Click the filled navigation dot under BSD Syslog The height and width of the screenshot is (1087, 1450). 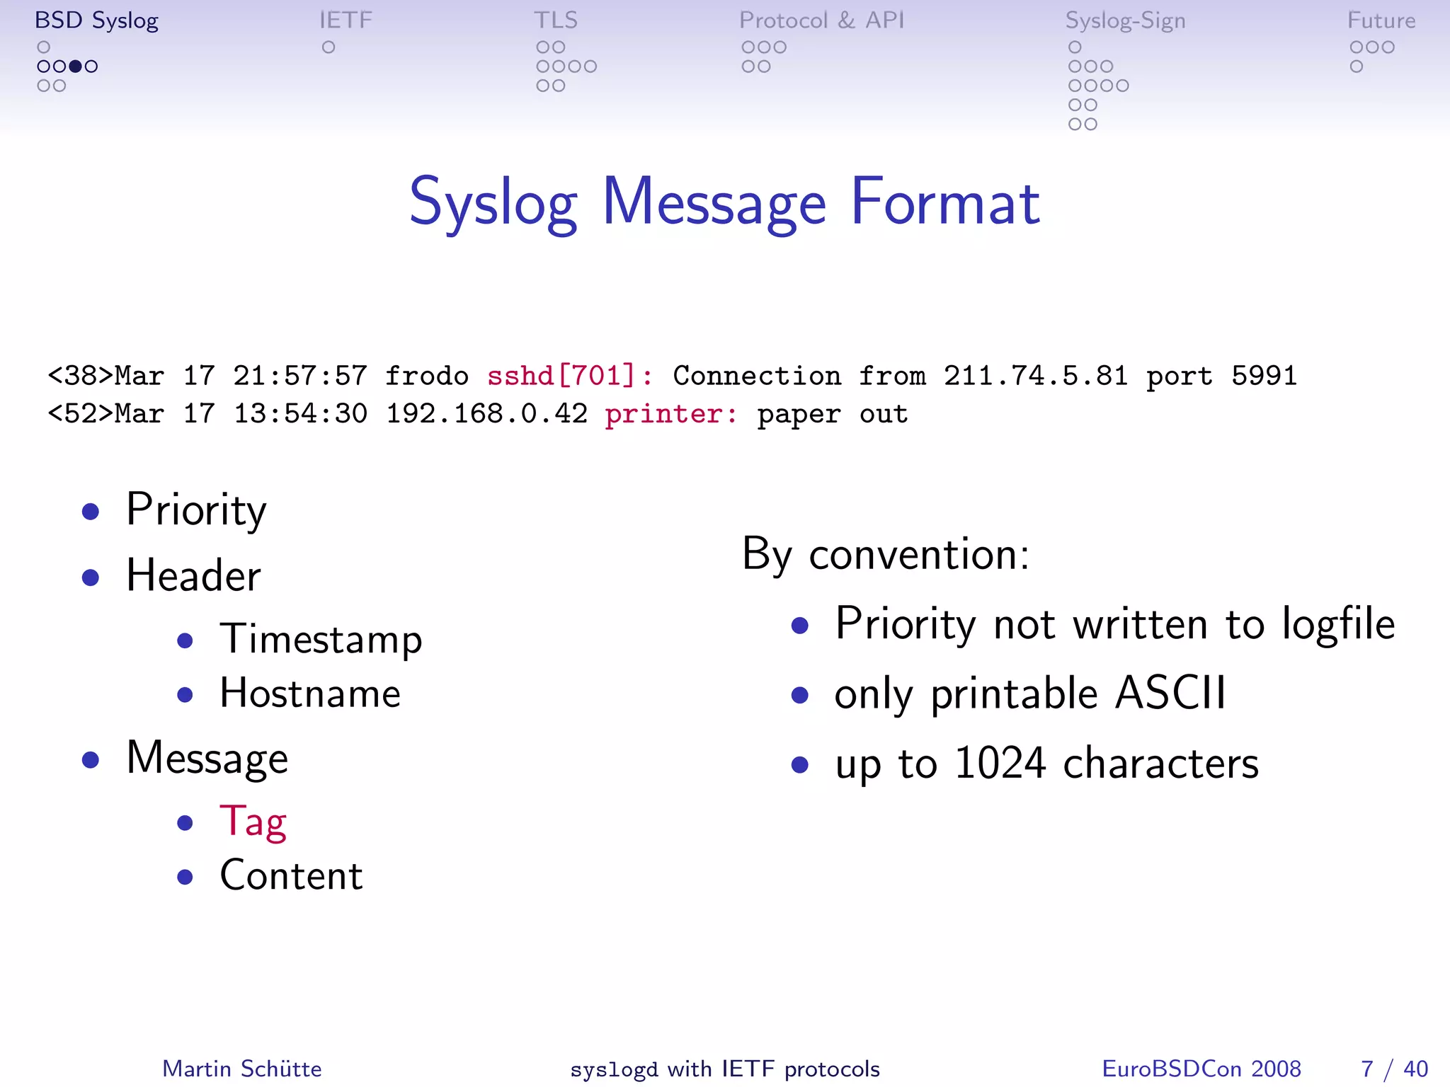(75, 67)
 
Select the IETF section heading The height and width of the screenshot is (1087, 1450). (346, 21)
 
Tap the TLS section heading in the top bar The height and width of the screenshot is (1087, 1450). (556, 21)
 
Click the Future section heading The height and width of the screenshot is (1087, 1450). (1381, 21)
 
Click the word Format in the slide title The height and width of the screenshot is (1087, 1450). (945, 202)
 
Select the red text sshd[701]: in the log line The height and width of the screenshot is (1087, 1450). (570, 375)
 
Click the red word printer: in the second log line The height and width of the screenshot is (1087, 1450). (670, 413)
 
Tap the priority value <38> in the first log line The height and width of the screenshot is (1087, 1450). (80, 375)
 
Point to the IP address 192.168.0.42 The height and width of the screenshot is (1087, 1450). (486, 413)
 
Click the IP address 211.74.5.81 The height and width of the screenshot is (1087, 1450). (1035, 375)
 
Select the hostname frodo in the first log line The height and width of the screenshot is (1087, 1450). (426, 375)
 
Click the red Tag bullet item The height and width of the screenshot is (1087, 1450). (253, 822)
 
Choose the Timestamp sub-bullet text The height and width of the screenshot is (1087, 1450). (321, 640)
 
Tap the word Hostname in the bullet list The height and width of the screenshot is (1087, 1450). (310, 694)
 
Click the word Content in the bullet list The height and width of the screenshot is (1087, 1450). (291, 875)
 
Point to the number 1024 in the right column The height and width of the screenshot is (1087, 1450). (1000, 763)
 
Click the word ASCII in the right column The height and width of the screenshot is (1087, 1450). (1170, 693)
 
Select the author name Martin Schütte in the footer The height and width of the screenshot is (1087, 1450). (242, 1069)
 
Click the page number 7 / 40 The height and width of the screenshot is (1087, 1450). (1393, 1069)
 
